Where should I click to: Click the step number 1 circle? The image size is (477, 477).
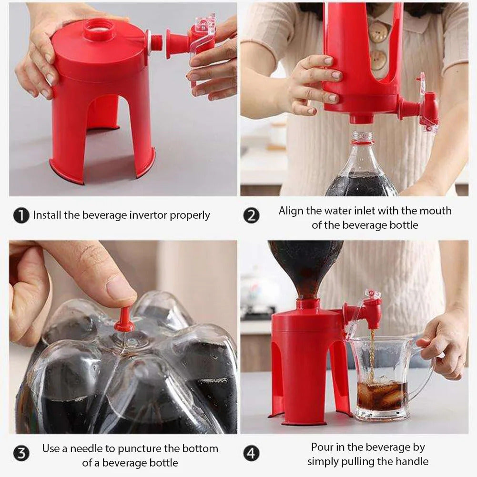(20, 216)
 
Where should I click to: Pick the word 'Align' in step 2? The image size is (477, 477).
(292, 211)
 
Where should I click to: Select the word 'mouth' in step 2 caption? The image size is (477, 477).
(436, 211)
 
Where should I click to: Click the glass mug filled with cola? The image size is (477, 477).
(382, 377)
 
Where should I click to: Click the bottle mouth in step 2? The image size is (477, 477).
(363, 137)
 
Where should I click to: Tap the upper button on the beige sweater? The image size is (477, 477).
(379, 30)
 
